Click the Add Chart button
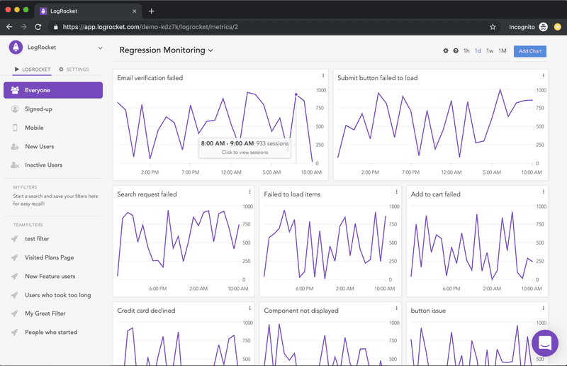(x=530, y=51)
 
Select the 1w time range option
(x=490, y=51)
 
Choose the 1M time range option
(x=503, y=51)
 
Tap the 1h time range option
(x=466, y=51)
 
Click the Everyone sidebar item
(x=53, y=90)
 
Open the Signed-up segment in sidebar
(x=38, y=109)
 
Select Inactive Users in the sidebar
(x=44, y=165)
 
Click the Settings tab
(x=74, y=70)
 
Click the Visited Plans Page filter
(x=49, y=257)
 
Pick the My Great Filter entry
(x=45, y=314)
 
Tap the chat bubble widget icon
(x=545, y=344)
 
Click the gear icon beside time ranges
(x=446, y=51)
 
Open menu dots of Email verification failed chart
(x=323, y=76)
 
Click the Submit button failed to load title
(x=377, y=78)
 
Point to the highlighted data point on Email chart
(x=296, y=94)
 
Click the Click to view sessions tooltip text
(x=245, y=152)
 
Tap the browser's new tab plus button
(x=152, y=11)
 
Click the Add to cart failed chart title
(x=435, y=194)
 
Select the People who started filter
(x=51, y=332)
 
